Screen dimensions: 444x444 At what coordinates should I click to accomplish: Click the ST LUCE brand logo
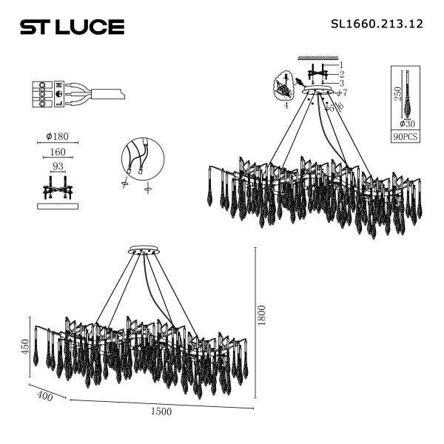71,27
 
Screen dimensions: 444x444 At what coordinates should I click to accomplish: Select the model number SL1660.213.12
375,24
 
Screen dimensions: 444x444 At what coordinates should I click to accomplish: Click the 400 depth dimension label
44,397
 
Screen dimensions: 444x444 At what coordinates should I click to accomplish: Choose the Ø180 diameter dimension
57,136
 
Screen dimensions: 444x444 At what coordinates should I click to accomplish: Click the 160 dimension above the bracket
57,154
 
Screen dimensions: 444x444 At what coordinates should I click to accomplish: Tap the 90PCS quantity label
406,137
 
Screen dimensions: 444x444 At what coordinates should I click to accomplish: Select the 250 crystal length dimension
397,94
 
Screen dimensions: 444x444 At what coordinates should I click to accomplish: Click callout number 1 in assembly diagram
341,64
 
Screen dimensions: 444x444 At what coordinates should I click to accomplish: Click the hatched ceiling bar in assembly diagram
317,58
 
